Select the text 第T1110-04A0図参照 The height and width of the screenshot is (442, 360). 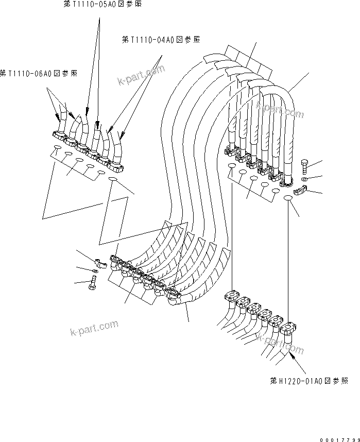[161, 40]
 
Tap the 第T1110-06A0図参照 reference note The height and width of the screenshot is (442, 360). [39, 74]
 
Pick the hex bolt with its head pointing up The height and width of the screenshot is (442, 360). [303, 166]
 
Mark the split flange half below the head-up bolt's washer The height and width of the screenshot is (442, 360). [300, 192]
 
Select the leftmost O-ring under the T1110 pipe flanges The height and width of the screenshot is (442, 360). [56, 150]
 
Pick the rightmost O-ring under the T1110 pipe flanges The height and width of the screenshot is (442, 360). [114, 179]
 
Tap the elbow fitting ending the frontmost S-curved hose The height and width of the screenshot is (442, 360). [174, 297]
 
